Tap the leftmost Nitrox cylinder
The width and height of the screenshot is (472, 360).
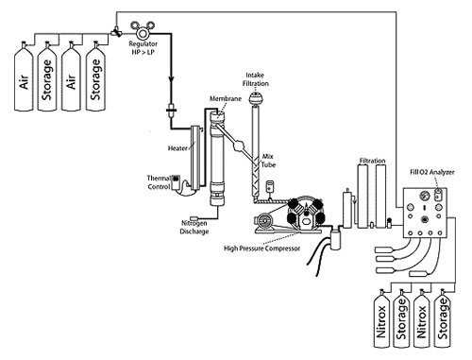(377, 321)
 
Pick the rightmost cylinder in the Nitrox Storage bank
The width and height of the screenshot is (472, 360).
(447, 321)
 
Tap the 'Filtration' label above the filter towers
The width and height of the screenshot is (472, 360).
(374, 162)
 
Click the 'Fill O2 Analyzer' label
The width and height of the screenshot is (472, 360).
(430, 170)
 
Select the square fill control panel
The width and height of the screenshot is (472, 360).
(421, 213)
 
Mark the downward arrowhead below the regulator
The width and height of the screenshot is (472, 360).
(170, 83)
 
